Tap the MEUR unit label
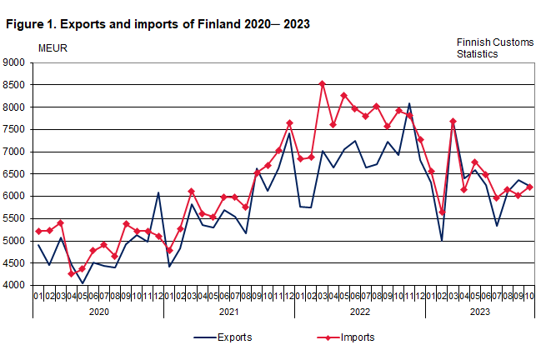[53, 47]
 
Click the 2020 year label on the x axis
[98, 311]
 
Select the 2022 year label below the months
[359, 311]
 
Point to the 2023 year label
[479, 311]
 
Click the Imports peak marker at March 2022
[322, 84]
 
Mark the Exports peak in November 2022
[409, 103]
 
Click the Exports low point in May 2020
[83, 283]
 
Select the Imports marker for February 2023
[442, 212]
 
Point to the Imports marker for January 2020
[39, 231]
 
